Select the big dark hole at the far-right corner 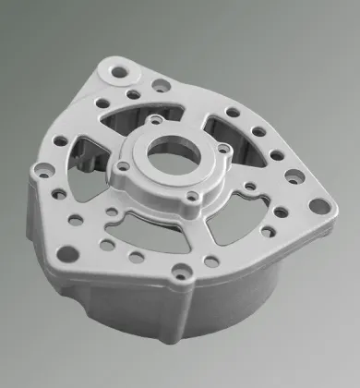tap(318, 206)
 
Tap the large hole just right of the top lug tap(160, 85)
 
